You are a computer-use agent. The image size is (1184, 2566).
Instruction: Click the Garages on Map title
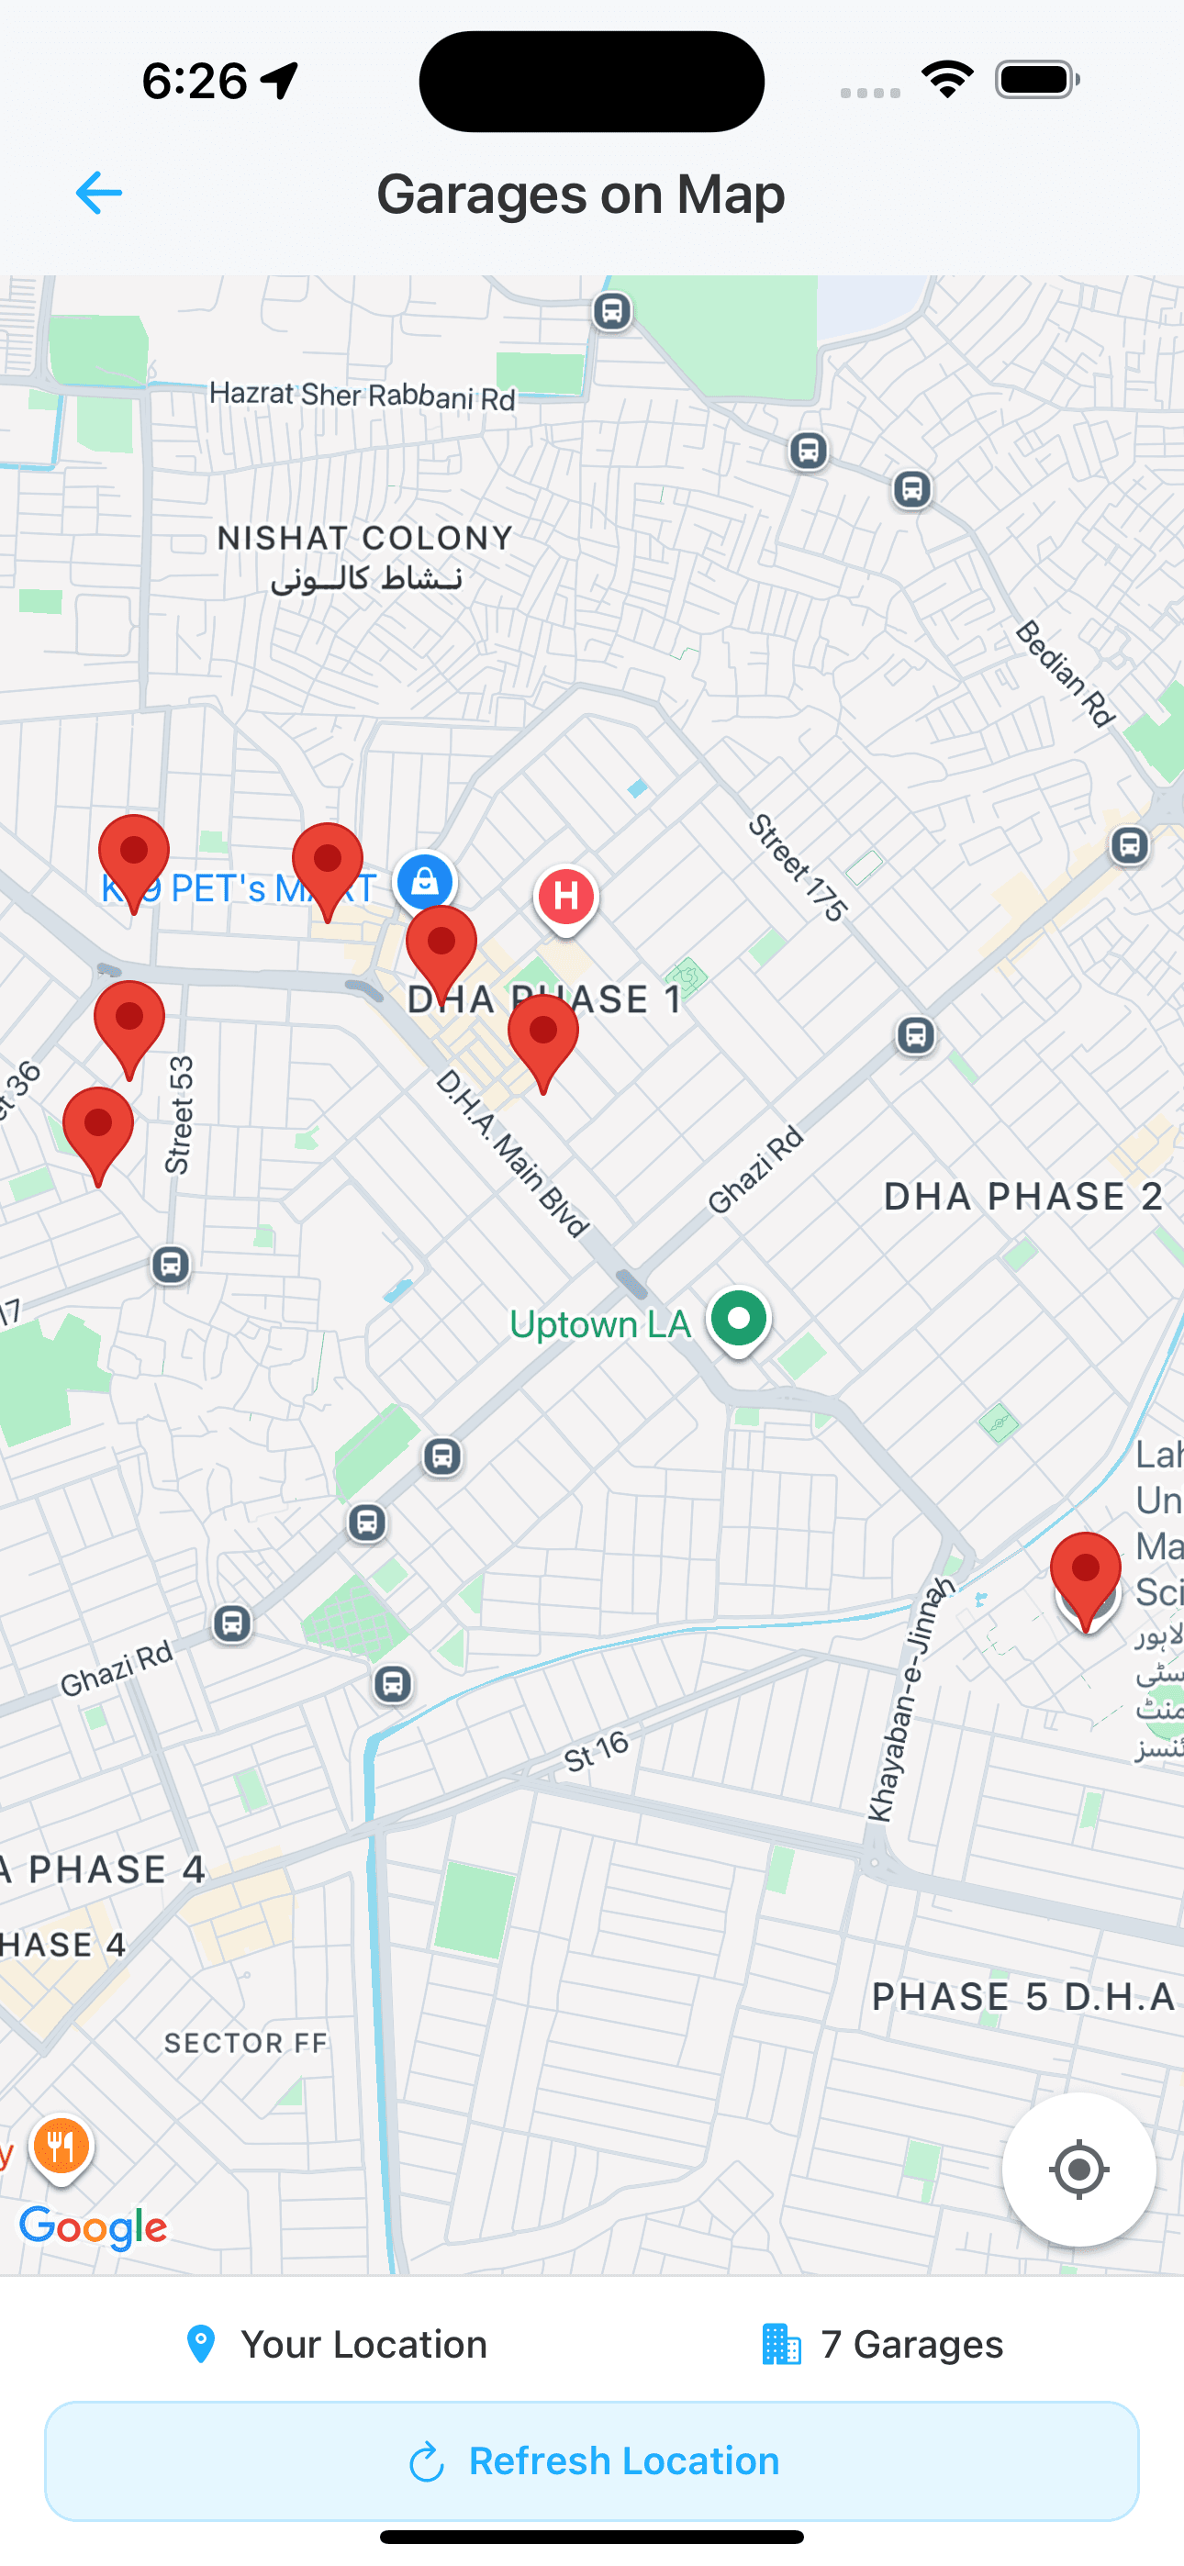click(x=581, y=194)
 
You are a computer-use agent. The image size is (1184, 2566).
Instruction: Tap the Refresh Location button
click(x=592, y=2460)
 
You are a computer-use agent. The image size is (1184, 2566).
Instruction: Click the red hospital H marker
click(x=566, y=896)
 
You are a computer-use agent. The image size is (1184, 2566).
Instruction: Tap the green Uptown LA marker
click(x=739, y=1319)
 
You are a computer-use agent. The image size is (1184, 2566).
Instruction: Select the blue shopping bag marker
click(x=425, y=882)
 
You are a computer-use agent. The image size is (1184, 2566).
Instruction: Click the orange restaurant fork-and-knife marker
click(x=61, y=2146)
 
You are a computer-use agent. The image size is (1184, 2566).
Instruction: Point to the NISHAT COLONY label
click(x=364, y=539)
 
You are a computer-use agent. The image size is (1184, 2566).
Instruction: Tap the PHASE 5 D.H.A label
click(x=1023, y=1996)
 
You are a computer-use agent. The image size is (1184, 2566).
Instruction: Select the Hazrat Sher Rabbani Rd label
click(x=363, y=396)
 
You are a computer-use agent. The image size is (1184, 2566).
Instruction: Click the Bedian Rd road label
click(x=1065, y=674)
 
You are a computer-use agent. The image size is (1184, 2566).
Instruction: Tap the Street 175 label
click(x=798, y=866)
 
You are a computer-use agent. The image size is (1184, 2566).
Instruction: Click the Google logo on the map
click(x=94, y=2226)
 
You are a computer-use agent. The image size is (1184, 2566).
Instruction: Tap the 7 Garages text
click(x=910, y=2344)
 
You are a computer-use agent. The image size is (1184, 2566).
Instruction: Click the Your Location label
click(x=363, y=2344)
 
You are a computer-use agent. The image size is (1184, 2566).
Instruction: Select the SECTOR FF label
click(x=246, y=2043)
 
